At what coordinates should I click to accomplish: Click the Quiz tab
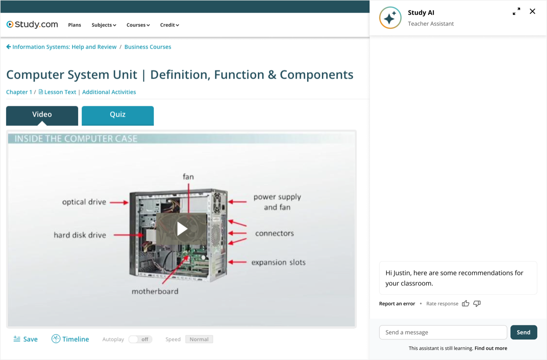(118, 116)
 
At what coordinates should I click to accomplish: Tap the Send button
(524, 332)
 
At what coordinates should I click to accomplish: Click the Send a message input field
(443, 332)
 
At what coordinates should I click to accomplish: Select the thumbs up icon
(465, 303)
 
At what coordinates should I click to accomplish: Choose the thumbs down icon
(477, 304)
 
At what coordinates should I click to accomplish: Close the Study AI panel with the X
(532, 11)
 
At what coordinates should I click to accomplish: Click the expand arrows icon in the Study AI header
(516, 11)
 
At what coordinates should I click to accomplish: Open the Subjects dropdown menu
(104, 25)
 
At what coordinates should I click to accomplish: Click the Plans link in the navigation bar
(75, 25)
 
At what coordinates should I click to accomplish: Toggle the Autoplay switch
(140, 339)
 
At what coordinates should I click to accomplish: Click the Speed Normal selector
(199, 339)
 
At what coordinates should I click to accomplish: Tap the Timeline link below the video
(70, 339)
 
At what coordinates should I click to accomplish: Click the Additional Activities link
(109, 92)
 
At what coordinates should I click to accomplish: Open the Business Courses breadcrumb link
(148, 47)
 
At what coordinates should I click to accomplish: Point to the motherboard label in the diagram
(155, 291)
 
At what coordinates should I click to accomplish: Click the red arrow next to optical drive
(119, 202)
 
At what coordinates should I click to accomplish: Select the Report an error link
(397, 304)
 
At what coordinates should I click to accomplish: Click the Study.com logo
(32, 25)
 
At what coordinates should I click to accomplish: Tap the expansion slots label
(278, 262)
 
